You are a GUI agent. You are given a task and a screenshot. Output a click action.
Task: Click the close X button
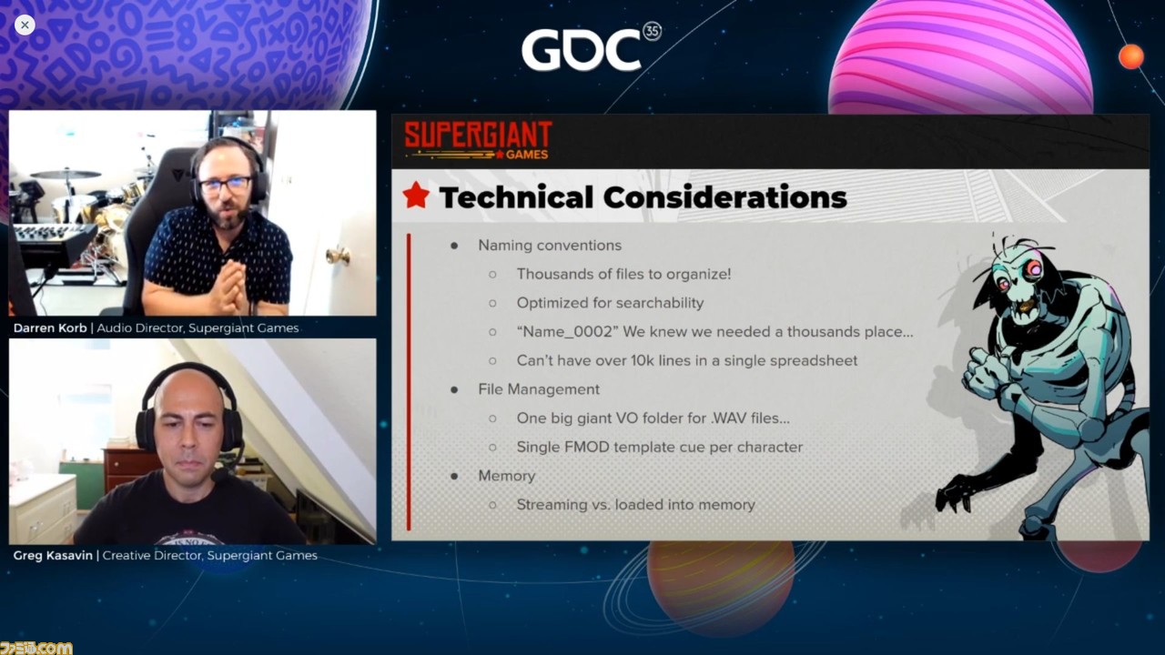(x=25, y=25)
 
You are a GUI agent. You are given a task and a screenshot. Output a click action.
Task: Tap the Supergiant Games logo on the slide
(x=478, y=139)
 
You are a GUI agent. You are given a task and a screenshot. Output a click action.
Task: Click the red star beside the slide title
(x=416, y=196)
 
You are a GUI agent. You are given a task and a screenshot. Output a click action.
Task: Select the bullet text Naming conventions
(x=550, y=246)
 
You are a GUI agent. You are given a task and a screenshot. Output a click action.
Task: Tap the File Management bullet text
(x=539, y=389)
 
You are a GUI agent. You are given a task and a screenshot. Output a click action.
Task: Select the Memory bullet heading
(x=507, y=476)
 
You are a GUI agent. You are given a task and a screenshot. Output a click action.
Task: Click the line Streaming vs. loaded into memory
(x=635, y=505)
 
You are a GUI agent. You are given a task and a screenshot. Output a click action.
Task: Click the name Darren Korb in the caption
(x=50, y=328)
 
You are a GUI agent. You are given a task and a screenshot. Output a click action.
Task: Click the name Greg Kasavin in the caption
(x=53, y=555)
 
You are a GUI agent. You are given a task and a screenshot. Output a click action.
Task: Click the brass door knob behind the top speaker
(x=338, y=256)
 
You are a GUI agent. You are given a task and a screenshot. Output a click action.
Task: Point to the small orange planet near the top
(x=1130, y=56)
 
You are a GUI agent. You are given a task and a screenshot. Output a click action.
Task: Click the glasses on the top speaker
(x=225, y=185)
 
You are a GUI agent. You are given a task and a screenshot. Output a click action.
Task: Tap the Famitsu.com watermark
(x=35, y=648)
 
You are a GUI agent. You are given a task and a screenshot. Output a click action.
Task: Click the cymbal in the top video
(x=66, y=174)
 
